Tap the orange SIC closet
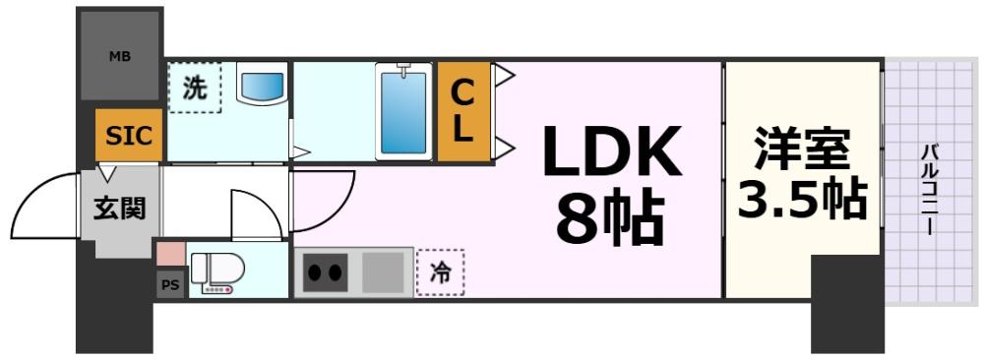[x=129, y=135]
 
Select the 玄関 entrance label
[x=118, y=210]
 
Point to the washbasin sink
[x=262, y=85]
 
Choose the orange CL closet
[x=462, y=111]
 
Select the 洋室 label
[x=802, y=152]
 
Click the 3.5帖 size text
[x=802, y=200]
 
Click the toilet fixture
[x=215, y=271]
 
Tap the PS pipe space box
[x=168, y=285]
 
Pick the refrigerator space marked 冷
[x=440, y=273]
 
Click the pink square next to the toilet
[x=170, y=253]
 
